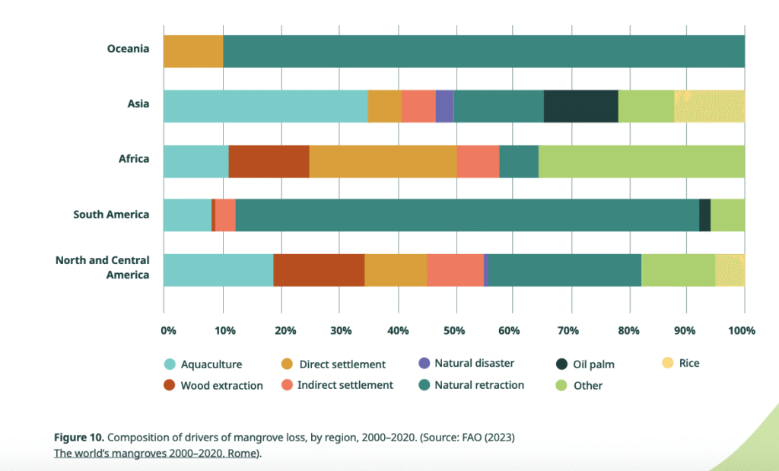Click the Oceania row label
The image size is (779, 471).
(128, 49)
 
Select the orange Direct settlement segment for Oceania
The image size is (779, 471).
(193, 52)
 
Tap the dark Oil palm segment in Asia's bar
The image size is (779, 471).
(580, 107)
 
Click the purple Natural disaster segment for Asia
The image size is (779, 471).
(444, 107)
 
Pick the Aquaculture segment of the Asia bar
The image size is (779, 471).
(265, 107)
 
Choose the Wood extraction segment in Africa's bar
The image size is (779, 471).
(269, 161)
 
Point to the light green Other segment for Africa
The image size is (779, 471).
(641, 161)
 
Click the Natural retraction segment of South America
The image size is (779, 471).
(468, 215)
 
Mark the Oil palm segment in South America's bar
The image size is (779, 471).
(705, 215)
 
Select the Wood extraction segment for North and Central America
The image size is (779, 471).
(319, 270)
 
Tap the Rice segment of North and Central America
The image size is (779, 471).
(730, 270)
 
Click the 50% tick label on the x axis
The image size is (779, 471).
(454, 331)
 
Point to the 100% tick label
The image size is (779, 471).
(741, 331)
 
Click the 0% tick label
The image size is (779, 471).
(168, 331)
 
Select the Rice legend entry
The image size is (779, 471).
(681, 363)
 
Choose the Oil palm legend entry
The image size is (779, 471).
(585, 364)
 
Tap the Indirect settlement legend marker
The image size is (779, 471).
(287, 385)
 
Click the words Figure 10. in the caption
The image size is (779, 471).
(79, 438)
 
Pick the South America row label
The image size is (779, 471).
(111, 215)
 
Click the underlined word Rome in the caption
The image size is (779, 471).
(243, 453)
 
